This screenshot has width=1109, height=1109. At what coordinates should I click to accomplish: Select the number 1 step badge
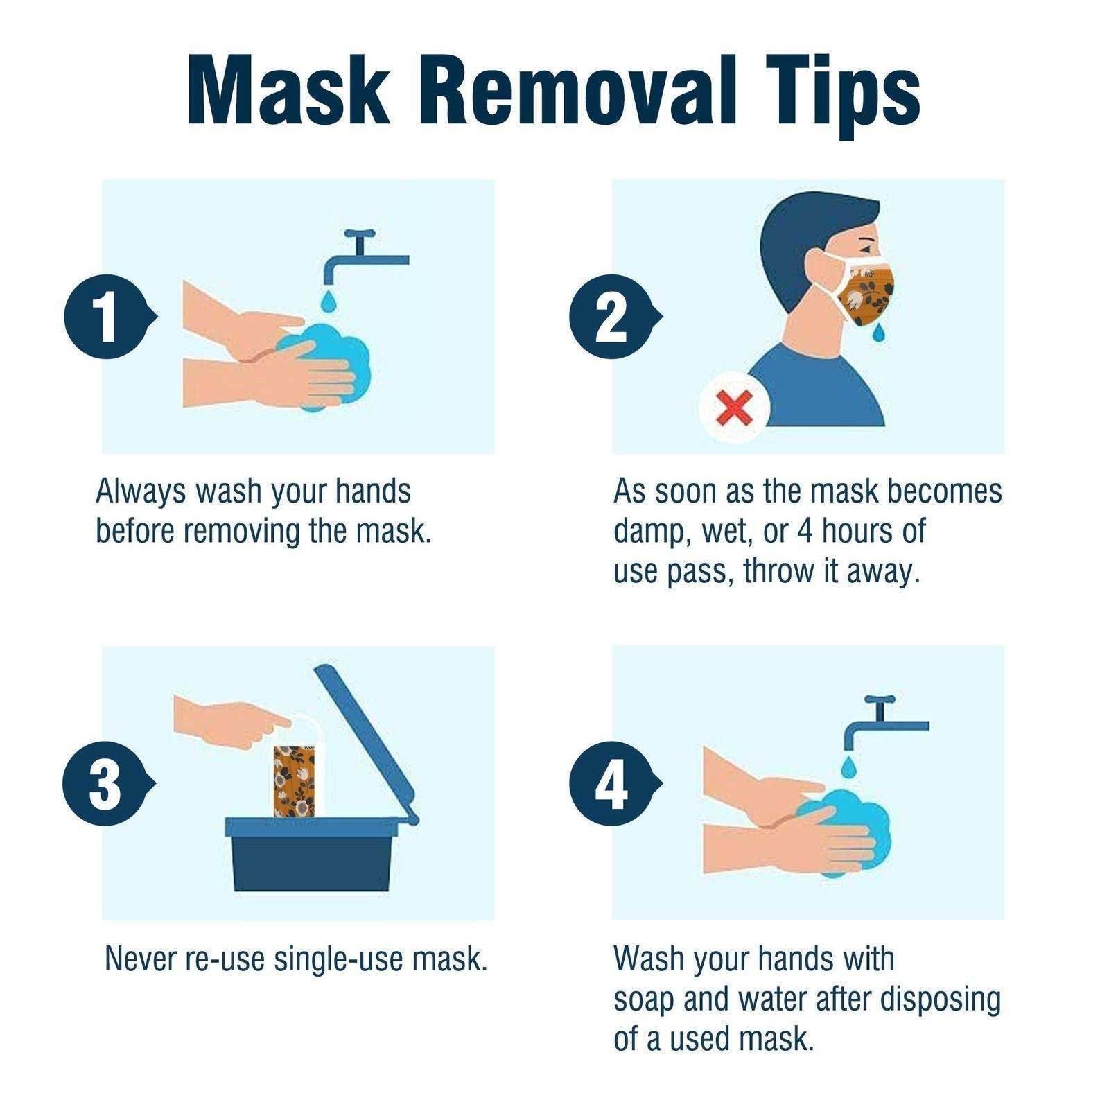point(106,317)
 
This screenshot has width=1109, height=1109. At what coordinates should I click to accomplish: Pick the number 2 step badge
point(611,317)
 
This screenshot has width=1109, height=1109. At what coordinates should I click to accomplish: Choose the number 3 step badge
point(105,784)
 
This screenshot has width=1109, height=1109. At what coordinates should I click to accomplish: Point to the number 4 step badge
point(611,784)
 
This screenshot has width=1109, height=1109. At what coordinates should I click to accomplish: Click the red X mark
point(734,408)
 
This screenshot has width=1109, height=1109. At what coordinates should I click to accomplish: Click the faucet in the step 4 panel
point(880,724)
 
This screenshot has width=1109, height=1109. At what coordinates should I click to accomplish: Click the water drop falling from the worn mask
point(879,333)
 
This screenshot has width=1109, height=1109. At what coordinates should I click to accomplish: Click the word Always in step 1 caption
point(141,491)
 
